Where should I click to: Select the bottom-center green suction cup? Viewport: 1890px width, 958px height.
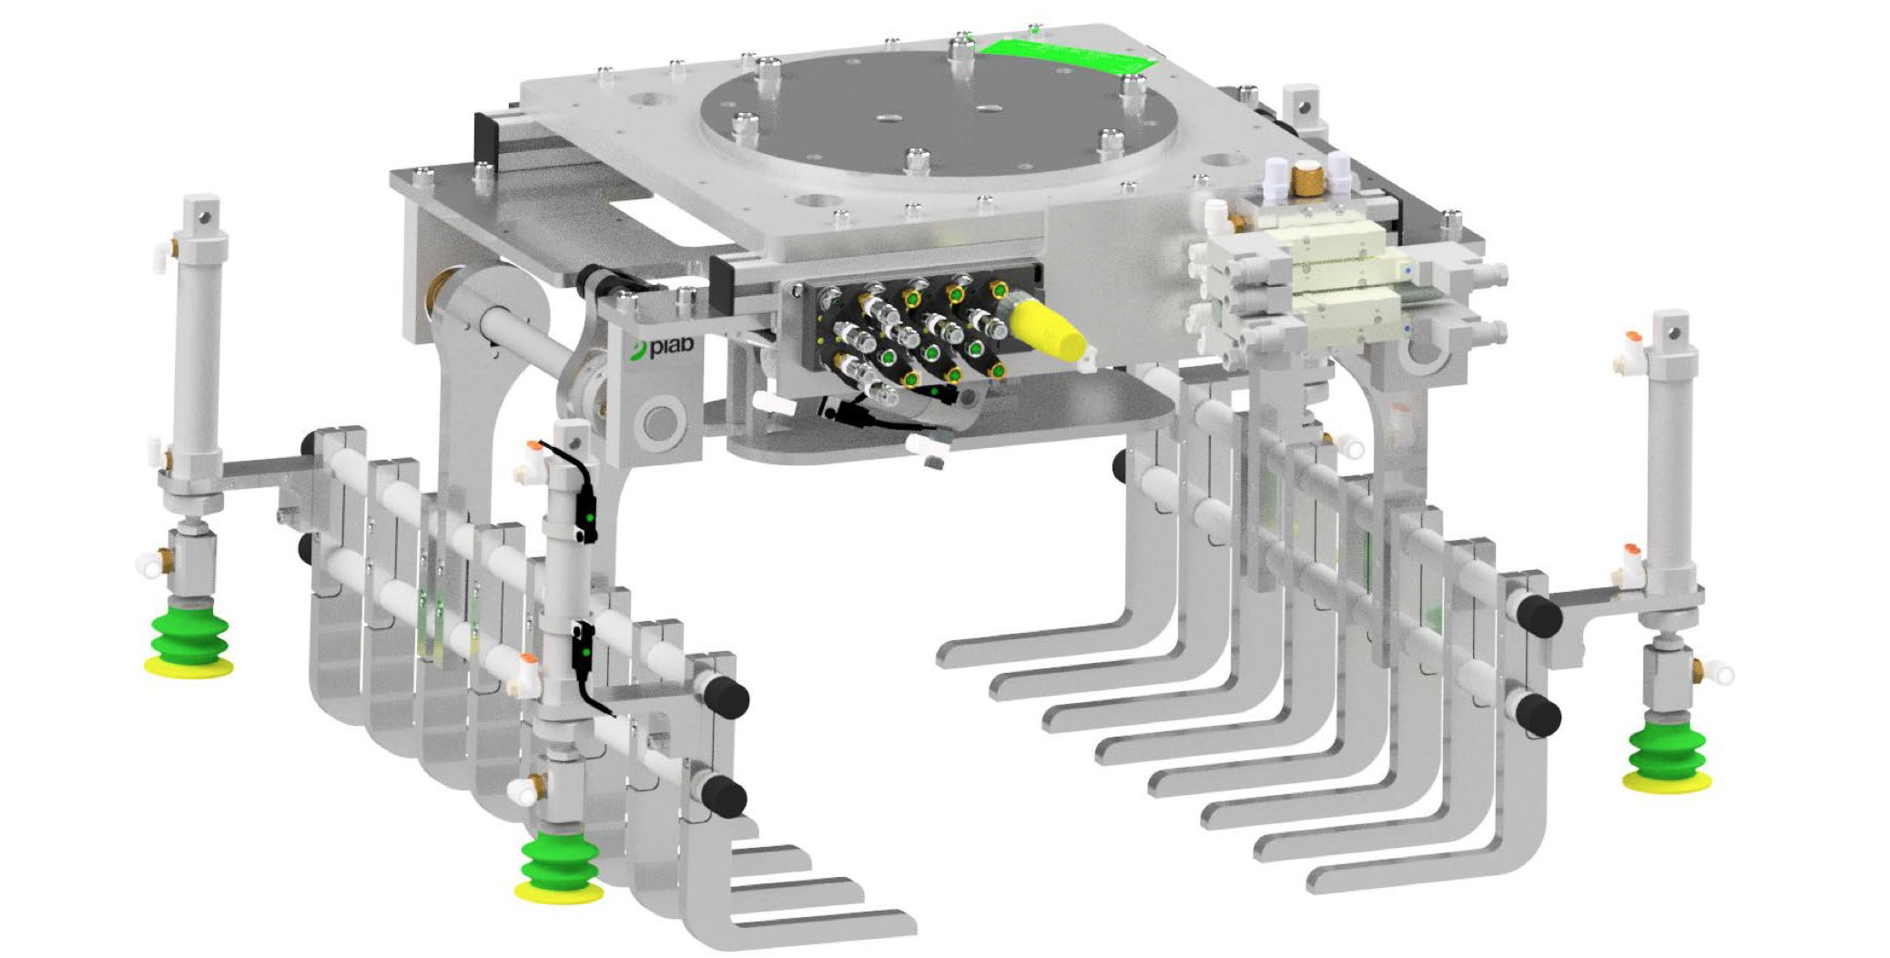(559, 870)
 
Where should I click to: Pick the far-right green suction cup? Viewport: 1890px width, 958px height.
(1666, 756)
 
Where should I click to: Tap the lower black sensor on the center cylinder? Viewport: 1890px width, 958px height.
(583, 648)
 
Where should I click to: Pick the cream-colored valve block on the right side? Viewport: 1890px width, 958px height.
(1338, 273)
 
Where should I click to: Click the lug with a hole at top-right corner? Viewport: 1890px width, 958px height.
(1306, 107)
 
